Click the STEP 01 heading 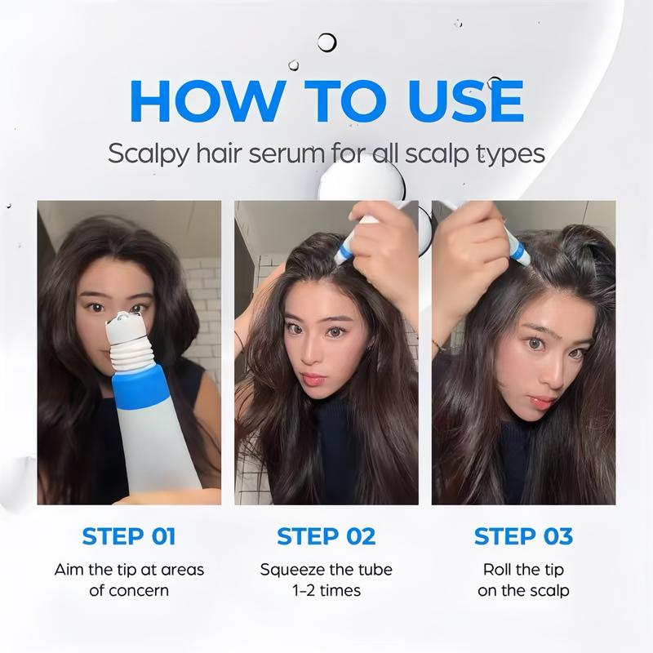[129, 536]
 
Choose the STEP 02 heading [326, 536]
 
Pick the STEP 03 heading [523, 536]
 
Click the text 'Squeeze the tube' [326, 570]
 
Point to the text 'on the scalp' [523, 590]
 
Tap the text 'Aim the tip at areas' [129, 570]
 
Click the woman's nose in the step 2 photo [314, 353]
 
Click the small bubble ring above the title [326, 42]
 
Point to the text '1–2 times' [326, 590]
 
